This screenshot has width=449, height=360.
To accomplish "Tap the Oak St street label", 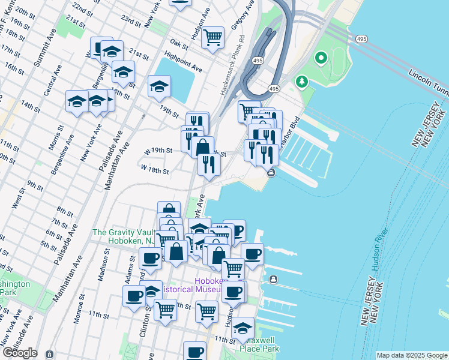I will click(179, 43).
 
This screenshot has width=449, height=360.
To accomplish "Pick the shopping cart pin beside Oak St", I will click(212, 38).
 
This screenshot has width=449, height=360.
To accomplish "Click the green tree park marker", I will click(301, 81).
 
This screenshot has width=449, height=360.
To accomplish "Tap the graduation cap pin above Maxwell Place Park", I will click(243, 328).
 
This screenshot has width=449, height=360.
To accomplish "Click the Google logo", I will click(20, 353).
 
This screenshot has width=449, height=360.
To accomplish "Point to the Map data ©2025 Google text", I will click(412, 355).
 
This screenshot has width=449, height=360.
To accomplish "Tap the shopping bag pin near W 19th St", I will click(204, 147).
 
